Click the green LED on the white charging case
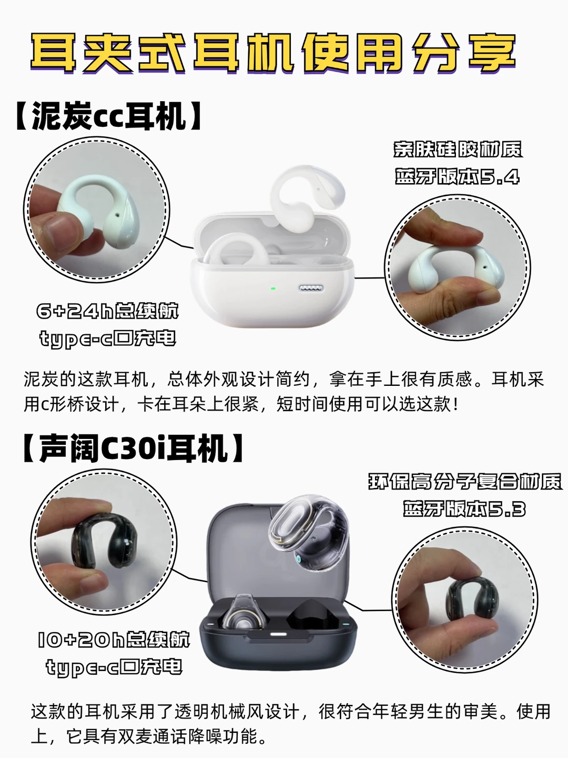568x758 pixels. tap(273, 288)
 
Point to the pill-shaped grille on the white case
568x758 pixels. tap(311, 287)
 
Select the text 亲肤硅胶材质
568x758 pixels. tap(458, 149)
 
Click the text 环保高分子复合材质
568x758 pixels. tap(465, 482)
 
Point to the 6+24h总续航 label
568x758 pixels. tap(108, 311)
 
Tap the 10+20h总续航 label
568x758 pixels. tap(114, 640)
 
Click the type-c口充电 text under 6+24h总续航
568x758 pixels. tap(108, 338)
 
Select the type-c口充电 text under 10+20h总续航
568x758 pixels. tap(114, 667)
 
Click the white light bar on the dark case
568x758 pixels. tap(279, 634)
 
